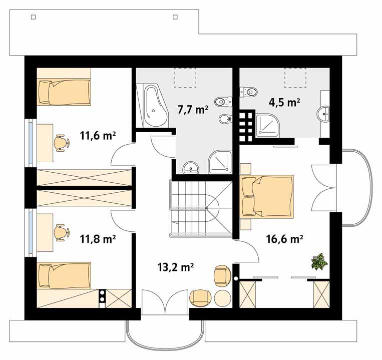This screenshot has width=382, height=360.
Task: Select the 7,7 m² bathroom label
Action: [x=193, y=109]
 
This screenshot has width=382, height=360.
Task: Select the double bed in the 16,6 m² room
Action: [x=267, y=196]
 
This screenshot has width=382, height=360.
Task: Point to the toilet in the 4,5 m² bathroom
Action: [x=249, y=92]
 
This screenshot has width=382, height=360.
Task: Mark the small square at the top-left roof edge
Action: [x=34, y=17]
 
